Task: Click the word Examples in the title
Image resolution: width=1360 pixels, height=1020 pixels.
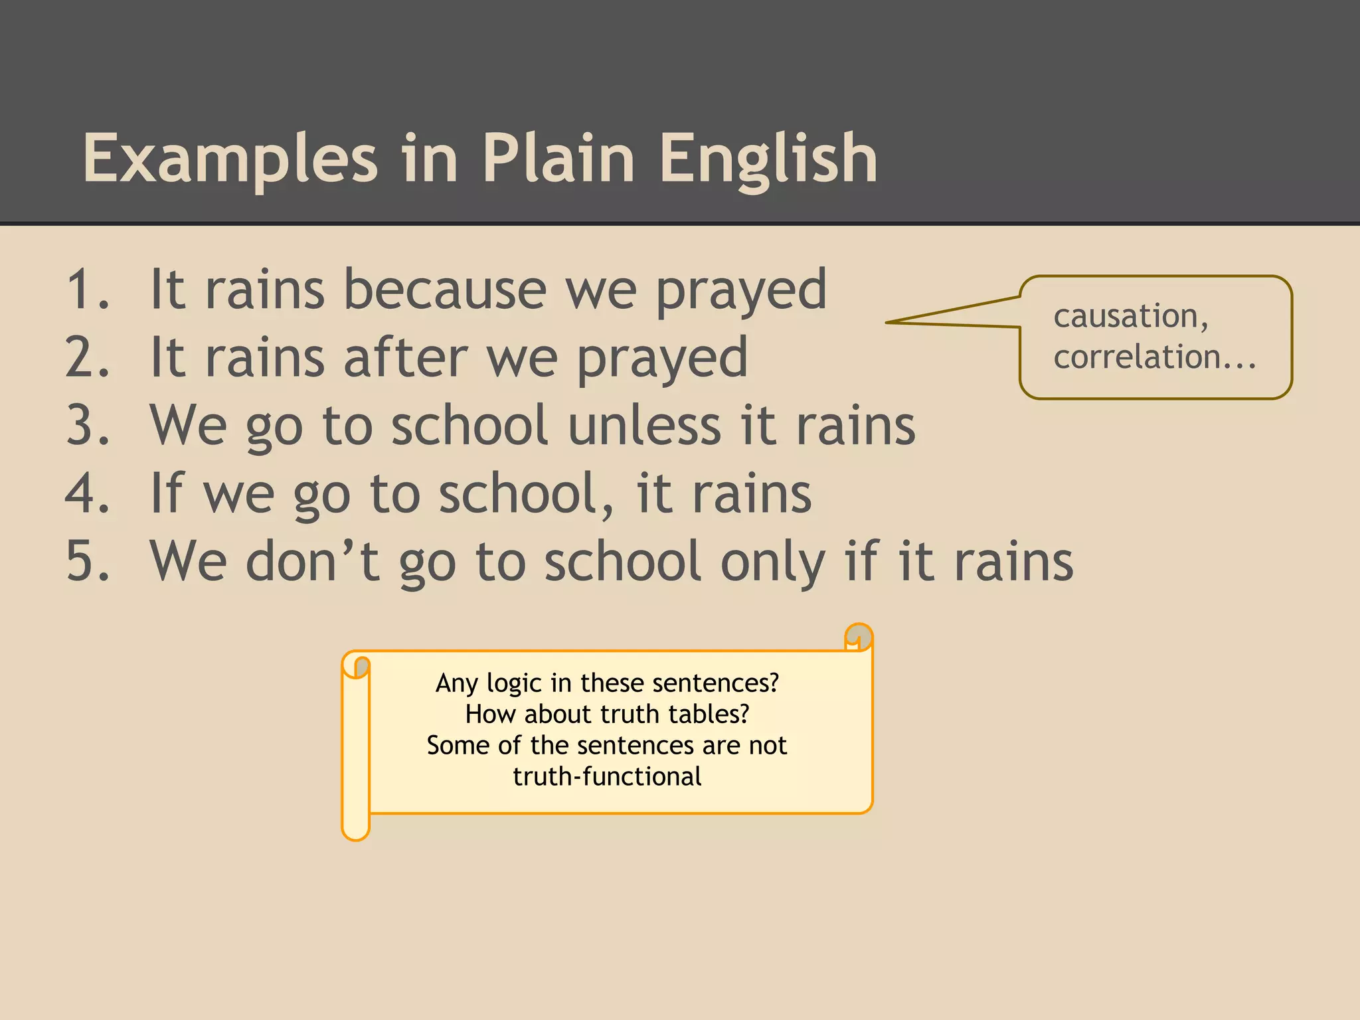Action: [230, 159]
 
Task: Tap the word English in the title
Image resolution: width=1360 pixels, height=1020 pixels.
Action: [768, 159]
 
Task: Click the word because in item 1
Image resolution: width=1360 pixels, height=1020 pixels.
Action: [445, 290]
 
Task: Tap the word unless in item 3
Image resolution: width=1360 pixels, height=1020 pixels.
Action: [644, 426]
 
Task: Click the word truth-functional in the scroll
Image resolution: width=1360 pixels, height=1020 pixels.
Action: [607, 776]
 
